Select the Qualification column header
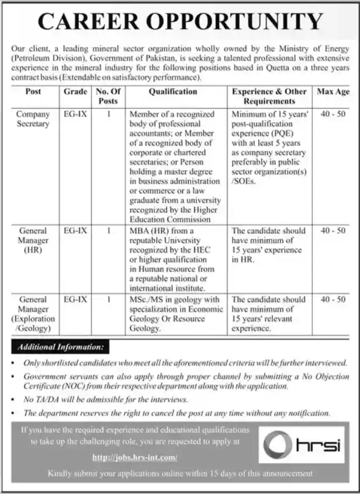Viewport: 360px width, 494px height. tap(172, 92)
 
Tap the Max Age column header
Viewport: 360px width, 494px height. tap(333, 92)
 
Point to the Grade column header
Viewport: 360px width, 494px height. tap(74, 92)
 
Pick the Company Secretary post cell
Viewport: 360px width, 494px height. tap(33, 119)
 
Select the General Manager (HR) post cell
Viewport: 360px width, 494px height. tap(33, 240)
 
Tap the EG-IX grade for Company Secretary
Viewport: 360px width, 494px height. tap(74, 115)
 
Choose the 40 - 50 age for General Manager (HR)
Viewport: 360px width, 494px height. tap(333, 231)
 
